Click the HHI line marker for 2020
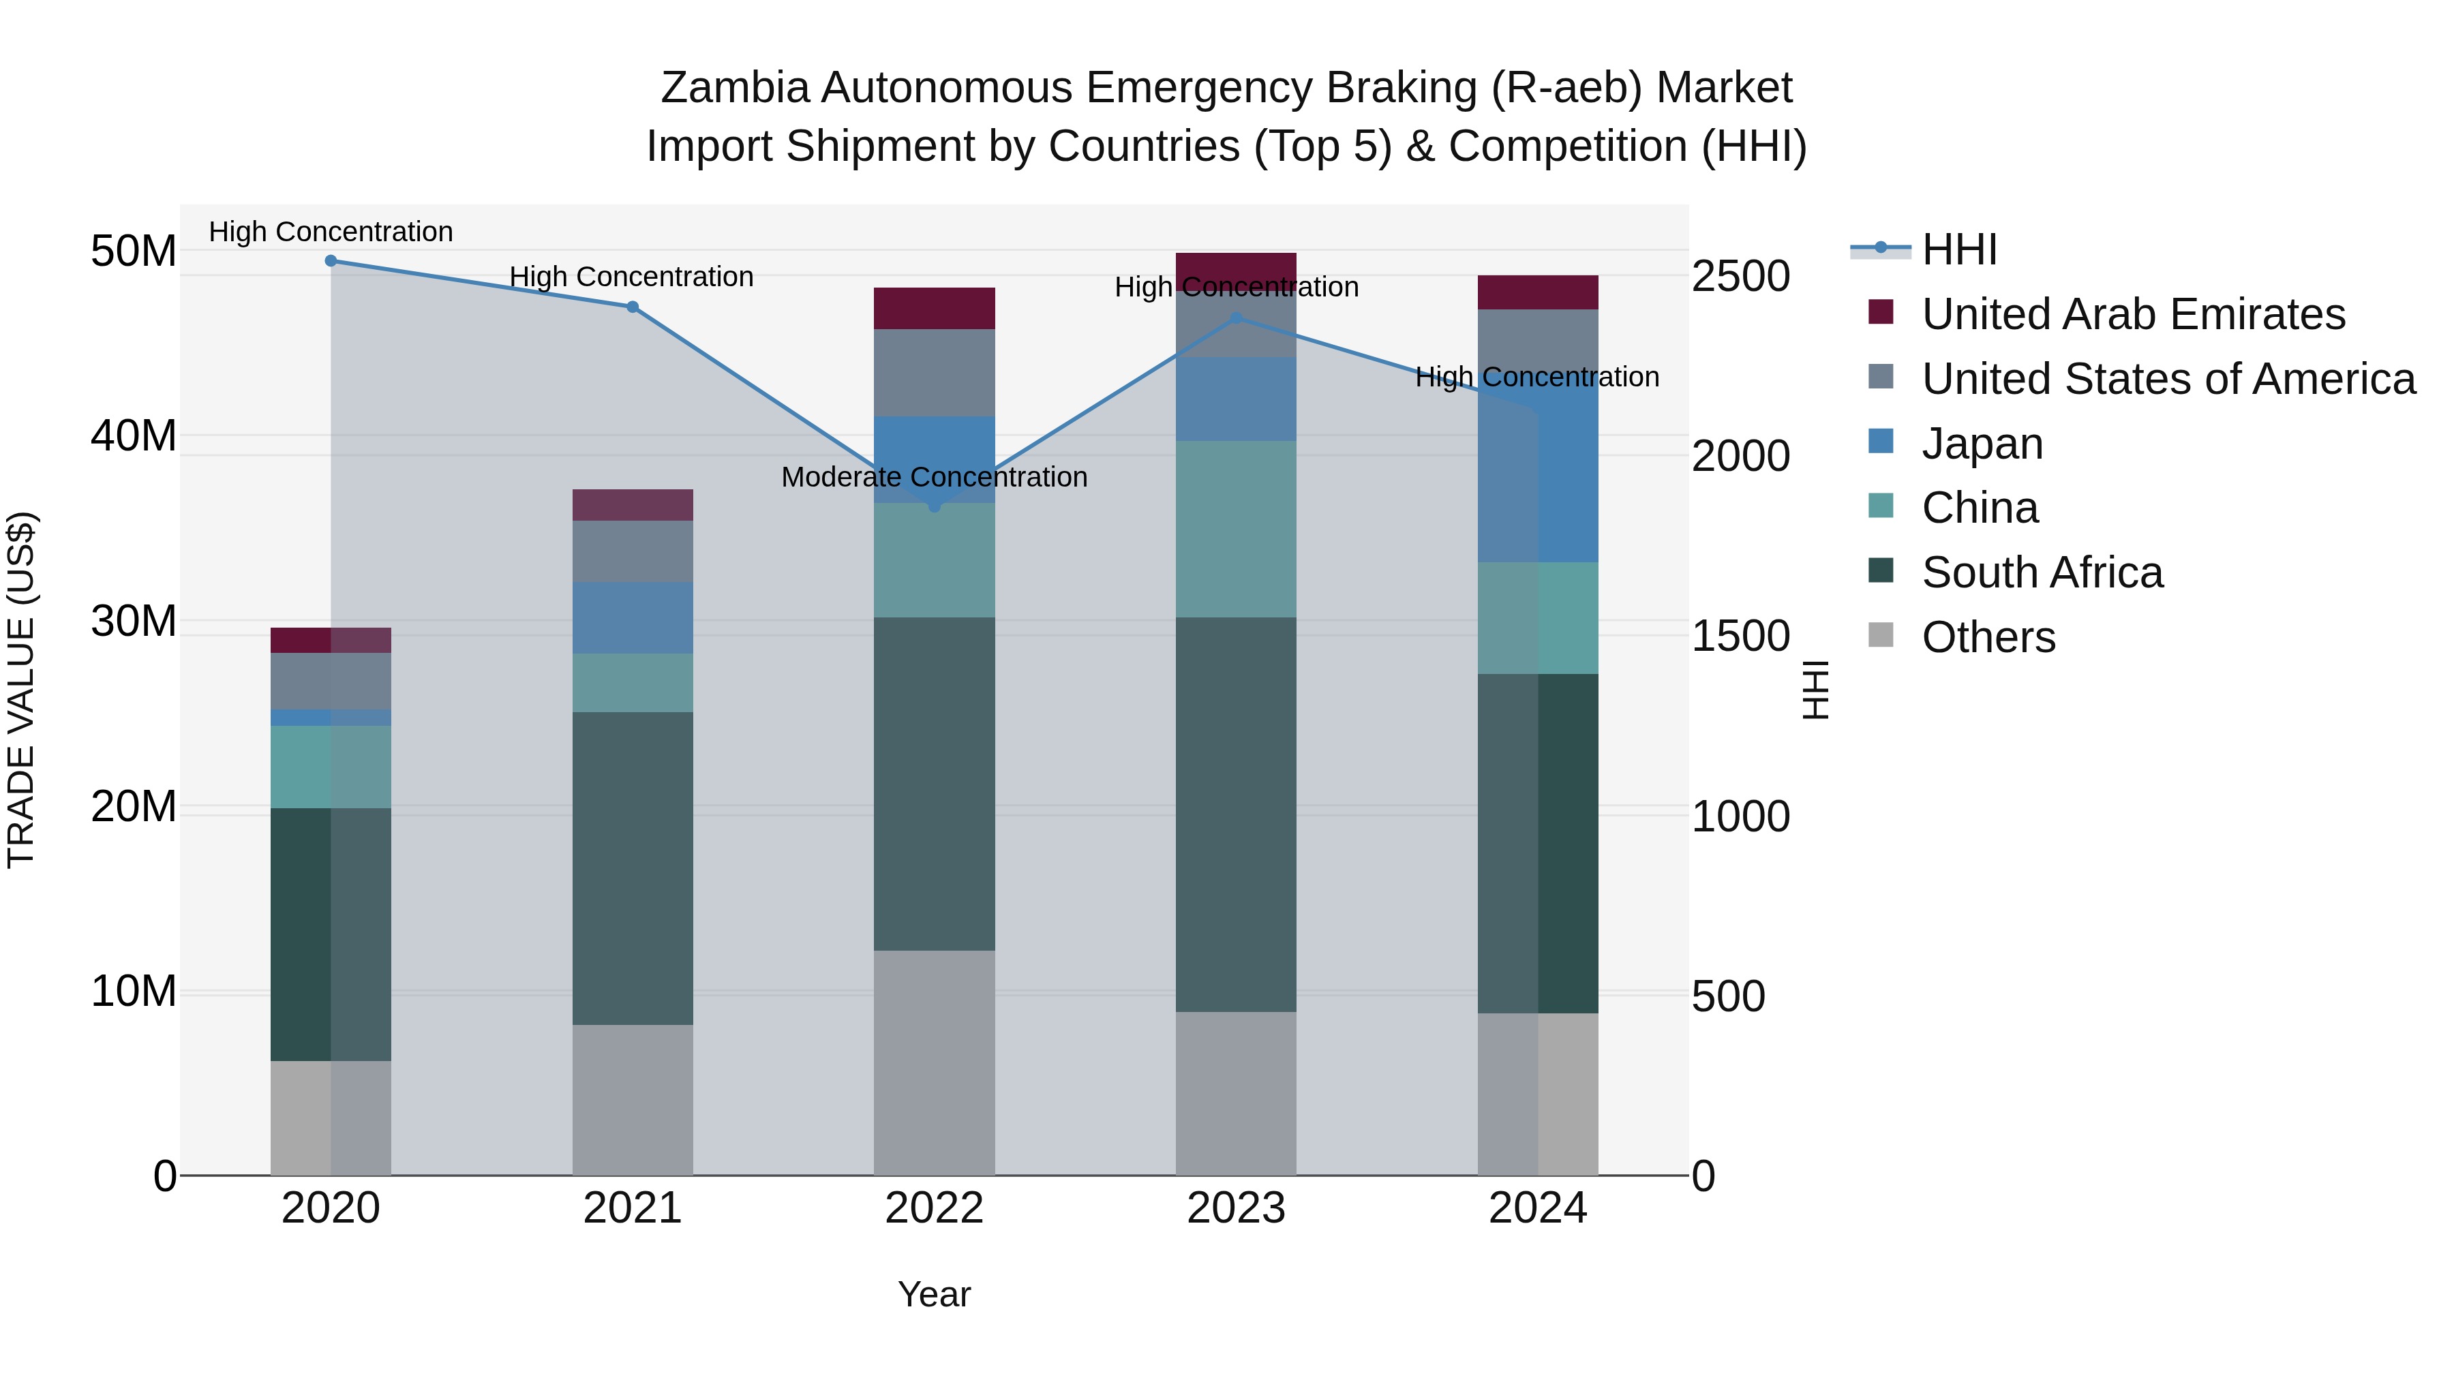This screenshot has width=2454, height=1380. pyautogui.click(x=331, y=261)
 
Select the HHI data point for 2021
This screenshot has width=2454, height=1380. pyautogui.click(x=633, y=307)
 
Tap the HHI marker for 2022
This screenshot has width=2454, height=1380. pyautogui.click(x=935, y=506)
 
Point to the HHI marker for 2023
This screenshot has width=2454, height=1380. pyautogui.click(x=1237, y=318)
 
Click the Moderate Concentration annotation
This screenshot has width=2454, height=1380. pyautogui.click(x=934, y=477)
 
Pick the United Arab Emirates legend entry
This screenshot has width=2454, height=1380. pyautogui.click(x=2133, y=314)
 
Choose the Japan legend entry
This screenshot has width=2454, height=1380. pyautogui.click(x=1982, y=444)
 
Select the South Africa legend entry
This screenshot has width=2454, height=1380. pyautogui.click(x=2042, y=572)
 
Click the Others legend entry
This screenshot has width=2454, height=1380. pyautogui.click(x=1988, y=637)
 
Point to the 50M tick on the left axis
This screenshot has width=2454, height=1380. pyautogui.click(x=134, y=251)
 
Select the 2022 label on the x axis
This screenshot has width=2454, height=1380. pyautogui.click(x=934, y=1208)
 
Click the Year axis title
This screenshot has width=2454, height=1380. pyautogui.click(x=934, y=1294)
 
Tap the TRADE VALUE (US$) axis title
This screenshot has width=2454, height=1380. pyautogui.click(x=21, y=690)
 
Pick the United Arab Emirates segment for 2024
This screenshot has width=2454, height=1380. pyautogui.click(x=1538, y=292)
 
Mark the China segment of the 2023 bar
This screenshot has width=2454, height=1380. pyautogui.click(x=1237, y=529)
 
